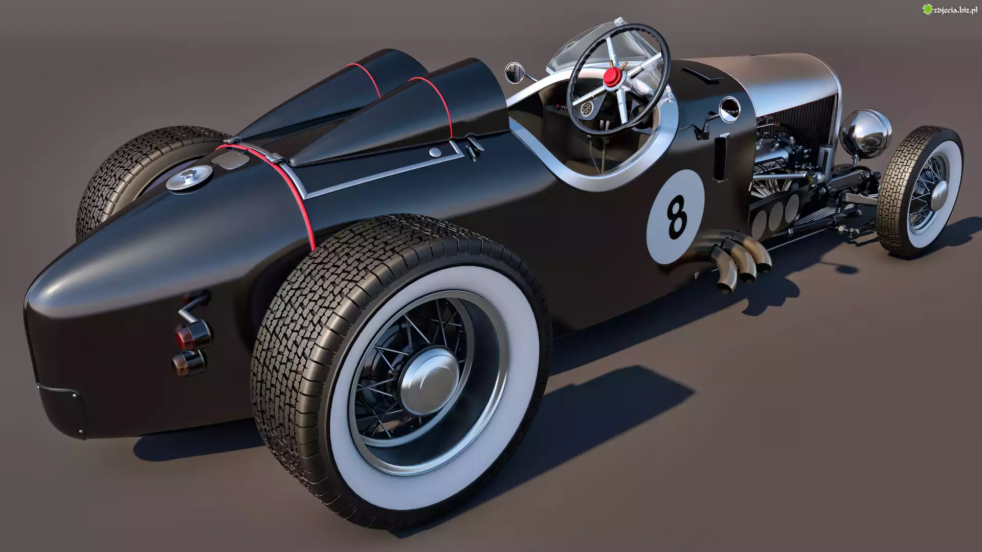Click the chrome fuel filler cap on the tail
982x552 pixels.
pyautogui.click(x=187, y=179)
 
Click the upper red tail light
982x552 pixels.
pyautogui.click(x=193, y=334)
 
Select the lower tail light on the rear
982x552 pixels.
pyautogui.click(x=189, y=362)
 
